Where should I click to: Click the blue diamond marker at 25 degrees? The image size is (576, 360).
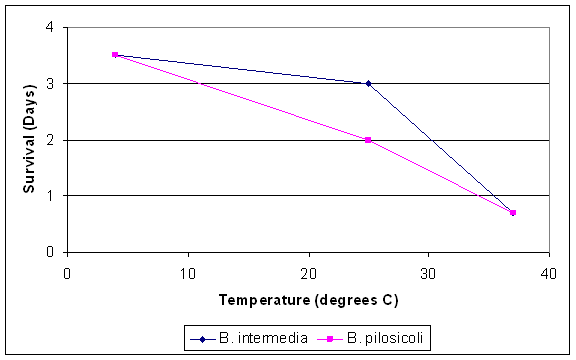click(368, 84)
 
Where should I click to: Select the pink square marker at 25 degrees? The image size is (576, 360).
click(368, 140)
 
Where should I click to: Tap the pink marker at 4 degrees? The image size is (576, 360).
click(115, 55)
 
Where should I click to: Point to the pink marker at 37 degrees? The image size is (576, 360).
click(513, 212)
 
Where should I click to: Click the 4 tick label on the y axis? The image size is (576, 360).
click(50, 27)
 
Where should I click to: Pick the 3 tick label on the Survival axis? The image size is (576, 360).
click(50, 84)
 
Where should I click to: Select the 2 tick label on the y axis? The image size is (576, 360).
click(50, 140)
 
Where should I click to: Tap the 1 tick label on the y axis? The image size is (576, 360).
click(50, 196)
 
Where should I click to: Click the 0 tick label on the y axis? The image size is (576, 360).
click(50, 252)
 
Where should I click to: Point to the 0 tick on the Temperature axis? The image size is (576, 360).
click(67, 271)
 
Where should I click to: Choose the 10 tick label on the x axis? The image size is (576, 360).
click(187, 271)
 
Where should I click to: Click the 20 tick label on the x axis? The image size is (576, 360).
click(308, 271)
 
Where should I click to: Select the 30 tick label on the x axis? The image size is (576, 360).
click(428, 271)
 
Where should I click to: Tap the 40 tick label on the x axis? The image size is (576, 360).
click(548, 271)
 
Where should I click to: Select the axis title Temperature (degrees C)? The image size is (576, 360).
click(307, 298)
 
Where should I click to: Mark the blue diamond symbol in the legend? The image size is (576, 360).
click(203, 338)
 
